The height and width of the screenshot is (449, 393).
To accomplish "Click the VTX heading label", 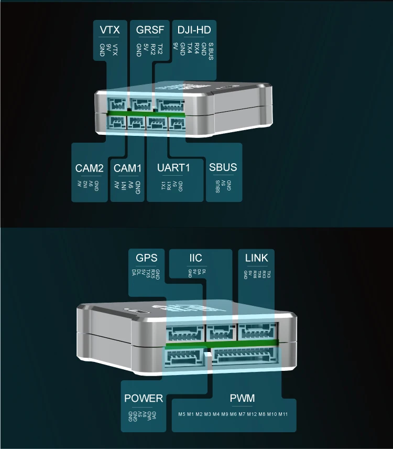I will [110, 30].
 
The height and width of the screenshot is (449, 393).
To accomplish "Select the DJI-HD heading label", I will [194, 30].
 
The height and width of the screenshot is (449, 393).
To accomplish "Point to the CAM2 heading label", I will [89, 168].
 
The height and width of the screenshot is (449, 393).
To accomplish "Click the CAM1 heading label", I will [127, 168].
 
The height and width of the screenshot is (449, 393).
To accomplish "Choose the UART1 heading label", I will [173, 168].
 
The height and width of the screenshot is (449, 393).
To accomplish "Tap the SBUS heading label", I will [223, 168].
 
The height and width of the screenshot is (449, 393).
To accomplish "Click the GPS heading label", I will [146, 258].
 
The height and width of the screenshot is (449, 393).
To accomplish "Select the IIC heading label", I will [195, 258].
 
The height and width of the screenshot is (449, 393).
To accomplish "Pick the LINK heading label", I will [256, 258].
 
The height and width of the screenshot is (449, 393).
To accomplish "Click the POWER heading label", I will [144, 398].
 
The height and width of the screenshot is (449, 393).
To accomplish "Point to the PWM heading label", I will [242, 398].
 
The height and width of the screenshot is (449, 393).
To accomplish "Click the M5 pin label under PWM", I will [182, 414].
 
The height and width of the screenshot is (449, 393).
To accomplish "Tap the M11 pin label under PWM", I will [283, 414].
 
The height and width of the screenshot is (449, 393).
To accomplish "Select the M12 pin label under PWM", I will [252, 414].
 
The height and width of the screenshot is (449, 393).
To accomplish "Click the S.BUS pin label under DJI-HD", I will [211, 51].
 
